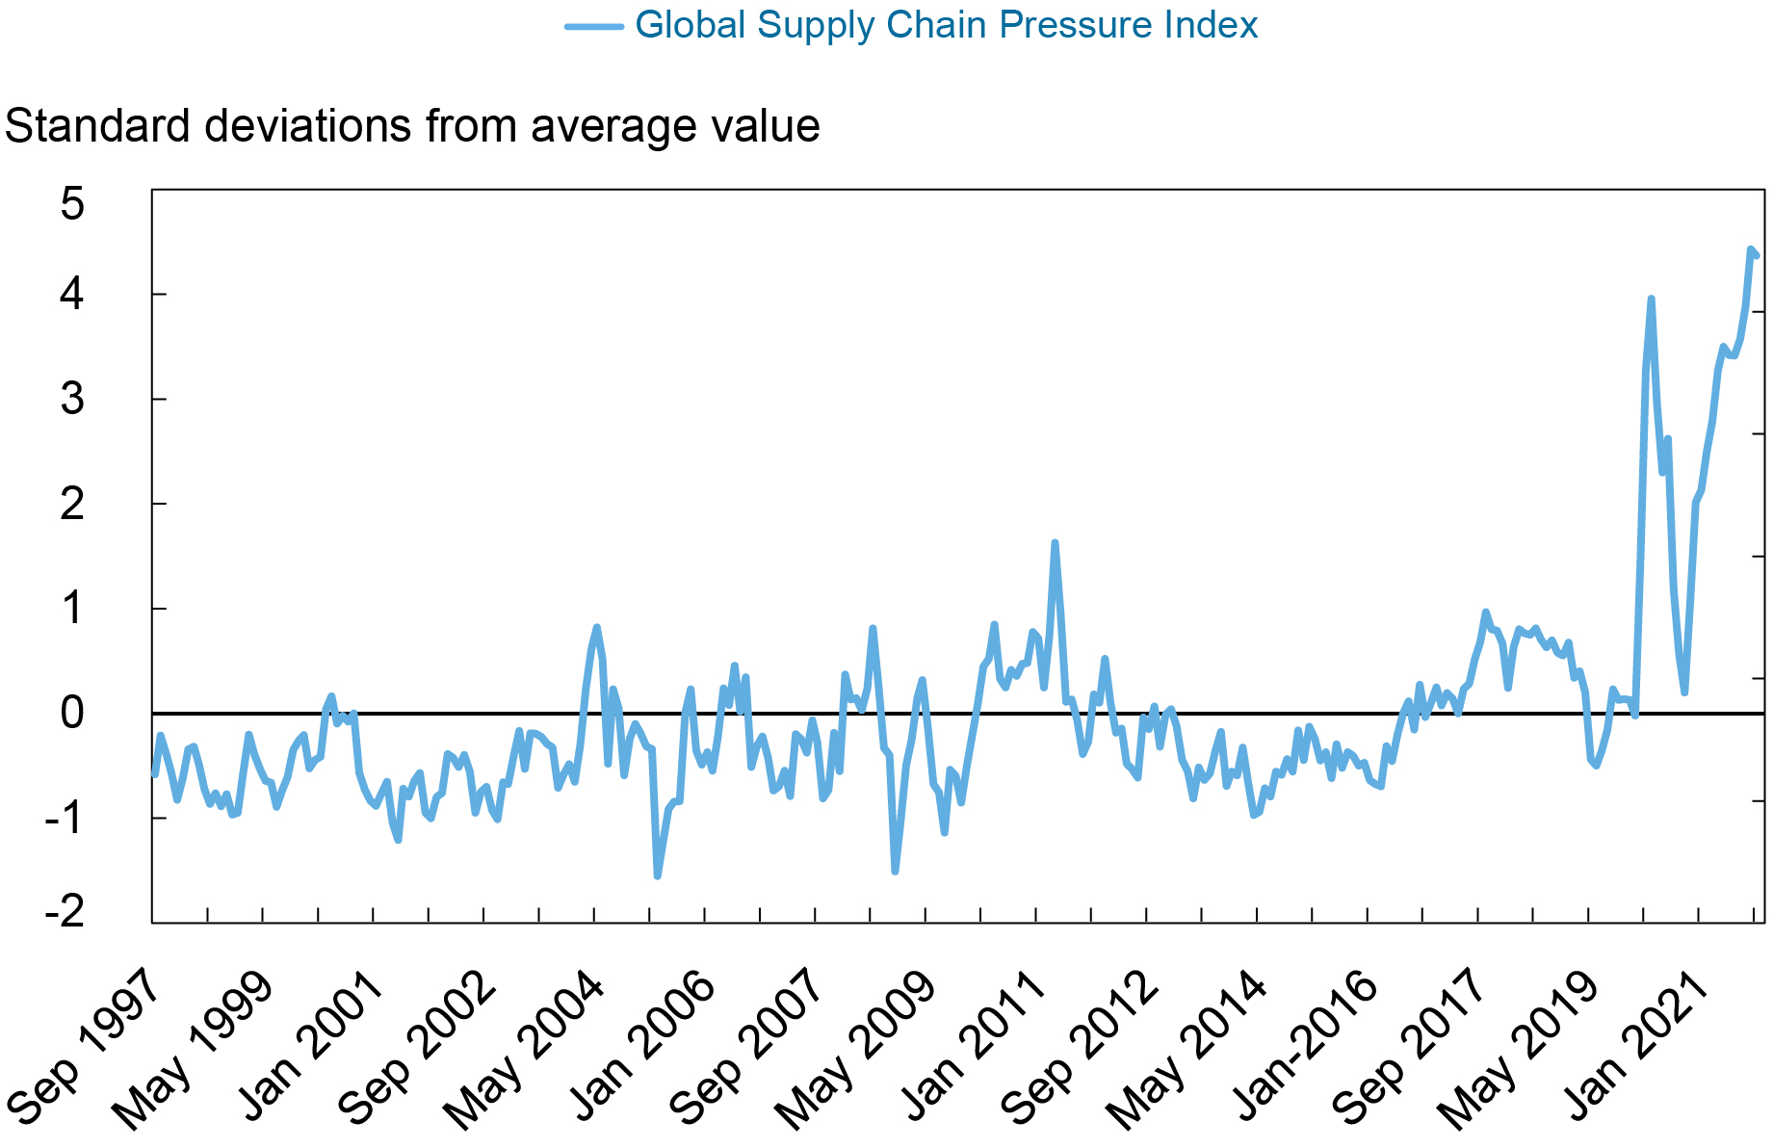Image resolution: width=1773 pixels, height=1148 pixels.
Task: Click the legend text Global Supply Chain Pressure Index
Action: click(946, 25)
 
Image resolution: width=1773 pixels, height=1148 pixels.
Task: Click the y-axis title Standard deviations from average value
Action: click(412, 126)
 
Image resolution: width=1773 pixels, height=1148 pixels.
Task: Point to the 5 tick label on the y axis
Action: click(72, 204)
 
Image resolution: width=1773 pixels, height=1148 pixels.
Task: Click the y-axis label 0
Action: click(72, 714)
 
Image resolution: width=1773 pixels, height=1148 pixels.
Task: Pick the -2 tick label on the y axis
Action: click(65, 911)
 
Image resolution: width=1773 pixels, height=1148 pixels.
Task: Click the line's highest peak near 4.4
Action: click(1750, 249)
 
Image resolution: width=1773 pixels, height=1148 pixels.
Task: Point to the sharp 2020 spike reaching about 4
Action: click(1651, 300)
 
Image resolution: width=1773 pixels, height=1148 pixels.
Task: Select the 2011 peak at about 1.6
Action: click(1055, 543)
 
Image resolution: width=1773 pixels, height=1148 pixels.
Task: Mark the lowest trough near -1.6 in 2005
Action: click(657, 875)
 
